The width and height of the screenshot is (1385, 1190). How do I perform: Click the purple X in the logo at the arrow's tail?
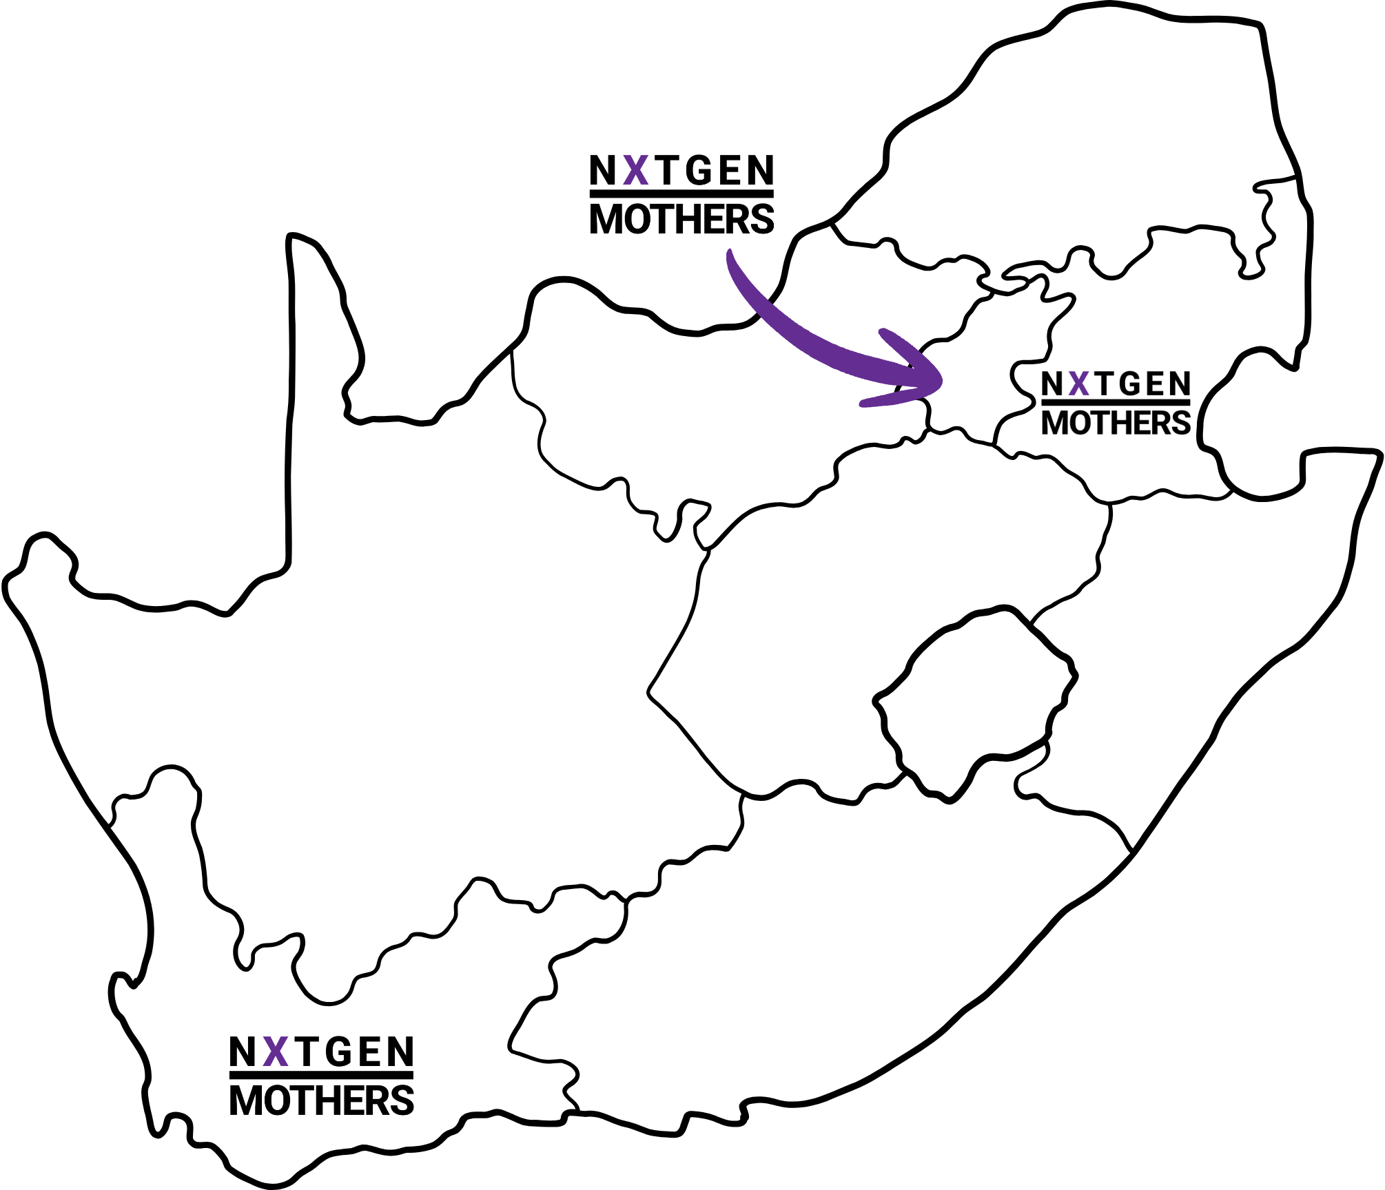tap(636, 170)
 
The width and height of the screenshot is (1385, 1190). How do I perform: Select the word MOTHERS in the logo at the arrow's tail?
tap(681, 220)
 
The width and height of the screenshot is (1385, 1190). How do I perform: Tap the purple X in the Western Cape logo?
tap(276, 1052)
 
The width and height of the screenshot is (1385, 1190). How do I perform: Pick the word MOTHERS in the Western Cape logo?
tap(321, 1100)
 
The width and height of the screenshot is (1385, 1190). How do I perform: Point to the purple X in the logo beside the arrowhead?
tap(1079, 384)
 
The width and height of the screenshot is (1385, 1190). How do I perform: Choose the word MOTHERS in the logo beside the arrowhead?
tap(1116, 423)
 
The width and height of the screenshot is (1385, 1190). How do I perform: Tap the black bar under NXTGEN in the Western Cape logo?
tap(321, 1076)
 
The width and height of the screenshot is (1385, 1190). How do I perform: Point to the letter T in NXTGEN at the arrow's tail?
tap(666, 170)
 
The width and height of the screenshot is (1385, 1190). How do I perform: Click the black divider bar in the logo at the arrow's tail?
tap(681, 194)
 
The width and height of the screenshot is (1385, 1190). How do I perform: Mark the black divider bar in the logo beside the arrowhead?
tap(1116, 403)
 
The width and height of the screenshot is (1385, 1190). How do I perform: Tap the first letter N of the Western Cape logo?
tap(243, 1052)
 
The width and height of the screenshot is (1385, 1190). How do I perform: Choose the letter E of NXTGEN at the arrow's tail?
tap(731, 170)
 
